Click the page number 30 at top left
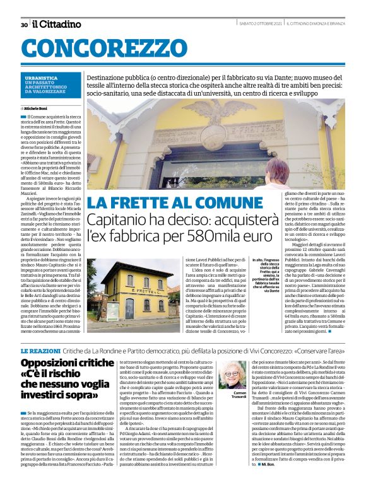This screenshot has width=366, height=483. coord(23,25)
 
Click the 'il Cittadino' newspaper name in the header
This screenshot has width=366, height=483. coord(57,24)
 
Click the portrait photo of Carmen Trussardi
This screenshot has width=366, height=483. coord(234,374)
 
